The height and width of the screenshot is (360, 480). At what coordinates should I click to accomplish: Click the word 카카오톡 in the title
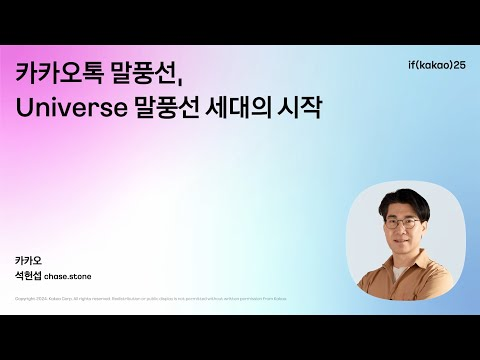(62, 74)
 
